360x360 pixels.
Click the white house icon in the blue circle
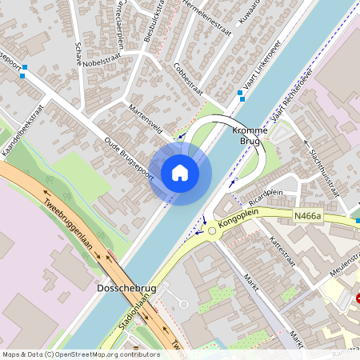[180, 172]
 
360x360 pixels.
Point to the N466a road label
[306, 216]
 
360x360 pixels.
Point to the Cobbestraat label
[187, 79]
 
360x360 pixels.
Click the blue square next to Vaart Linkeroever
[241, 95]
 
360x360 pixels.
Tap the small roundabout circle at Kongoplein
[211, 232]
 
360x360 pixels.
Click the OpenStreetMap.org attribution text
[101, 354]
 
